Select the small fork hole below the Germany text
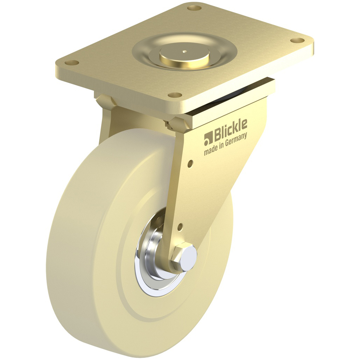(191, 163)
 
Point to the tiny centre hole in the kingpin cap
(184, 52)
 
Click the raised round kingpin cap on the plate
(184, 55)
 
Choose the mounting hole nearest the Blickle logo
(174, 95)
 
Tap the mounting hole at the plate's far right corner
(297, 40)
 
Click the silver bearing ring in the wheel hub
(149, 278)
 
